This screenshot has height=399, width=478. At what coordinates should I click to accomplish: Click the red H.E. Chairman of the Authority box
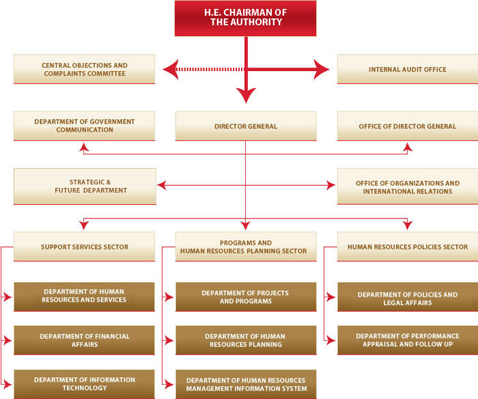pos(245,18)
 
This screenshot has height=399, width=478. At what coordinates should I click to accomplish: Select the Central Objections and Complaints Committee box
pos(85,69)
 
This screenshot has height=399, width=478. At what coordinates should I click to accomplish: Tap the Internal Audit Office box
pos(408,69)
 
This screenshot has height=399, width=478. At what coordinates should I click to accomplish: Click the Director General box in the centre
pos(246,126)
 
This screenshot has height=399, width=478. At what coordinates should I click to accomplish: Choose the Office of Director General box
pos(408,126)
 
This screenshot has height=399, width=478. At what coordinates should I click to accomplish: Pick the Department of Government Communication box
pos(85,126)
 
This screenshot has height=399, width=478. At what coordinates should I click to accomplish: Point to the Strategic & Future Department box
pos(85,187)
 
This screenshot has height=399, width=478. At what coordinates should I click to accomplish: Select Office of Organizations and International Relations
pos(408,187)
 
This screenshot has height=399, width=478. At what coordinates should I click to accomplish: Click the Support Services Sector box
pos(85,247)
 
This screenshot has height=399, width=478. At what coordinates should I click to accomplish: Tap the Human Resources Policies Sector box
pos(408,247)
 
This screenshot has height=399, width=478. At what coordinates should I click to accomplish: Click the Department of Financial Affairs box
pos(85,340)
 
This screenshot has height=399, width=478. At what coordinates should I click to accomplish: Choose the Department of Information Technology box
pos(85,384)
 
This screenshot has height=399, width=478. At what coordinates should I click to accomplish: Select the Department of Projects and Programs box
pos(246,297)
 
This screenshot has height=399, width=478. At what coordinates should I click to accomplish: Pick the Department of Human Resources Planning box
pos(246,340)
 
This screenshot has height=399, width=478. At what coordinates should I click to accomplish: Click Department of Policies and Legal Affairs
pos(408,297)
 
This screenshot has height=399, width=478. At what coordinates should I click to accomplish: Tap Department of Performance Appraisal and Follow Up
pos(408,340)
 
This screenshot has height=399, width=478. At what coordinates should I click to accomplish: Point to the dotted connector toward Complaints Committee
pos(210,70)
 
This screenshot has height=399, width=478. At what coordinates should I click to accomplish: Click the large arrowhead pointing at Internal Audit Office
pos(322,70)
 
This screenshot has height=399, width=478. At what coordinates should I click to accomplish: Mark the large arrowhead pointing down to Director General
pos(246,96)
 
